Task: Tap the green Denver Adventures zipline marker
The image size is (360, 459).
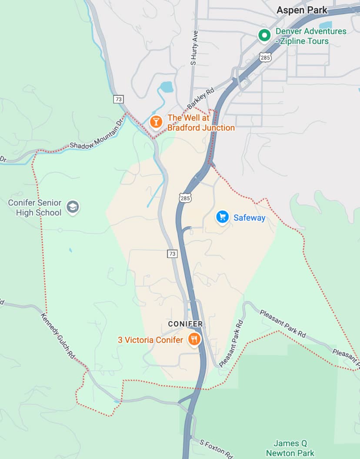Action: coord(263,36)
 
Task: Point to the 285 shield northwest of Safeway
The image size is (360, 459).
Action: coord(185,198)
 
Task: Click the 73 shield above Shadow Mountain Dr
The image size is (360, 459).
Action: coord(118,99)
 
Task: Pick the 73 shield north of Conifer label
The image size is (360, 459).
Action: coord(172,253)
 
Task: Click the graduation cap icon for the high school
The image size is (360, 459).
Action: coord(73,208)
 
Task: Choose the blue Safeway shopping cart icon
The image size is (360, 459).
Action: coord(223,217)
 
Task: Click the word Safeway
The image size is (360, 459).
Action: coord(249,218)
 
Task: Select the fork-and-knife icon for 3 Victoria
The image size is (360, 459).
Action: coord(194,339)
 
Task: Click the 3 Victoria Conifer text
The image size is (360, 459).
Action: coord(150,340)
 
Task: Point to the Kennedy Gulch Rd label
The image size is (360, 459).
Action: coord(58,335)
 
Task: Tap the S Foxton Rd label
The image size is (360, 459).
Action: coord(216,449)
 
